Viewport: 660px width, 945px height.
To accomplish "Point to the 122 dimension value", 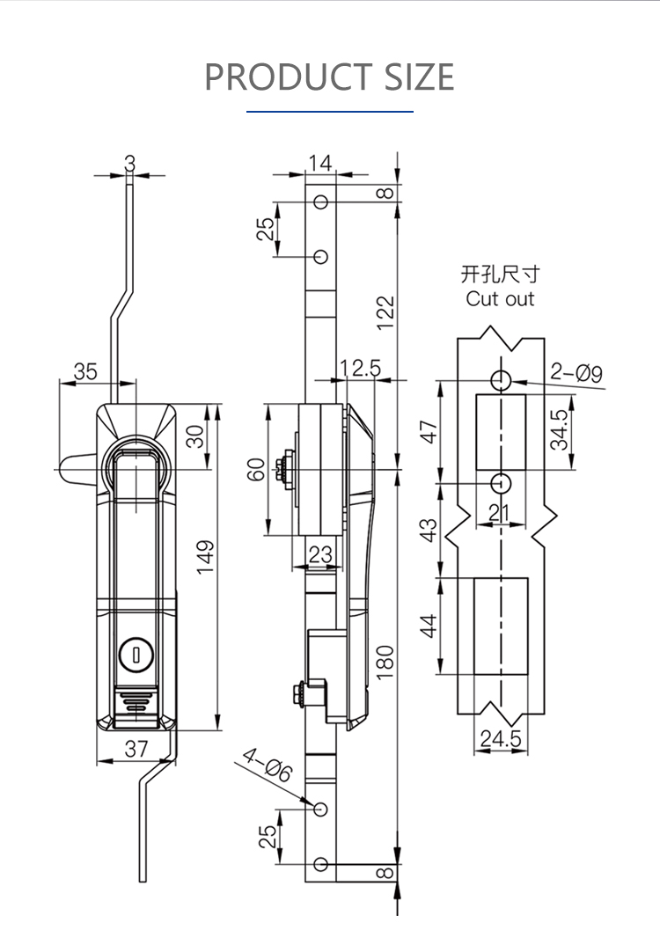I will tap(385, 313).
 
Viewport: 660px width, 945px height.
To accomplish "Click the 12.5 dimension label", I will tap(360, 368).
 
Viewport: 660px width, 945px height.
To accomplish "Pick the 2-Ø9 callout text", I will tap(576, 373).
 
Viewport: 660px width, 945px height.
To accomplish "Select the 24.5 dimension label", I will tap(500, 739).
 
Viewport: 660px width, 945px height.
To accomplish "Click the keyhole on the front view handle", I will tap(135, 653).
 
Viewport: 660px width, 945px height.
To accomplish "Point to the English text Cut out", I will tap(500, 299).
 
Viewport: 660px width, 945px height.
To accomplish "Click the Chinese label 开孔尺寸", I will tap(500, 275).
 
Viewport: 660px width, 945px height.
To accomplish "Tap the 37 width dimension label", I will tap(136, 748).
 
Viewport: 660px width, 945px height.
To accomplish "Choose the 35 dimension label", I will tap(85, 371).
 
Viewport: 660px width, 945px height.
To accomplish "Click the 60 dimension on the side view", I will tap(256, 469).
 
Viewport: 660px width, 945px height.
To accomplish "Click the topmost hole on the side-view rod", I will tap(321, 201).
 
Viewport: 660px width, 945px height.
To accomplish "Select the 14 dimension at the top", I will tap(320, 163).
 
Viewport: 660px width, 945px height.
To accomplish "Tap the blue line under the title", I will tap(330, 112).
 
